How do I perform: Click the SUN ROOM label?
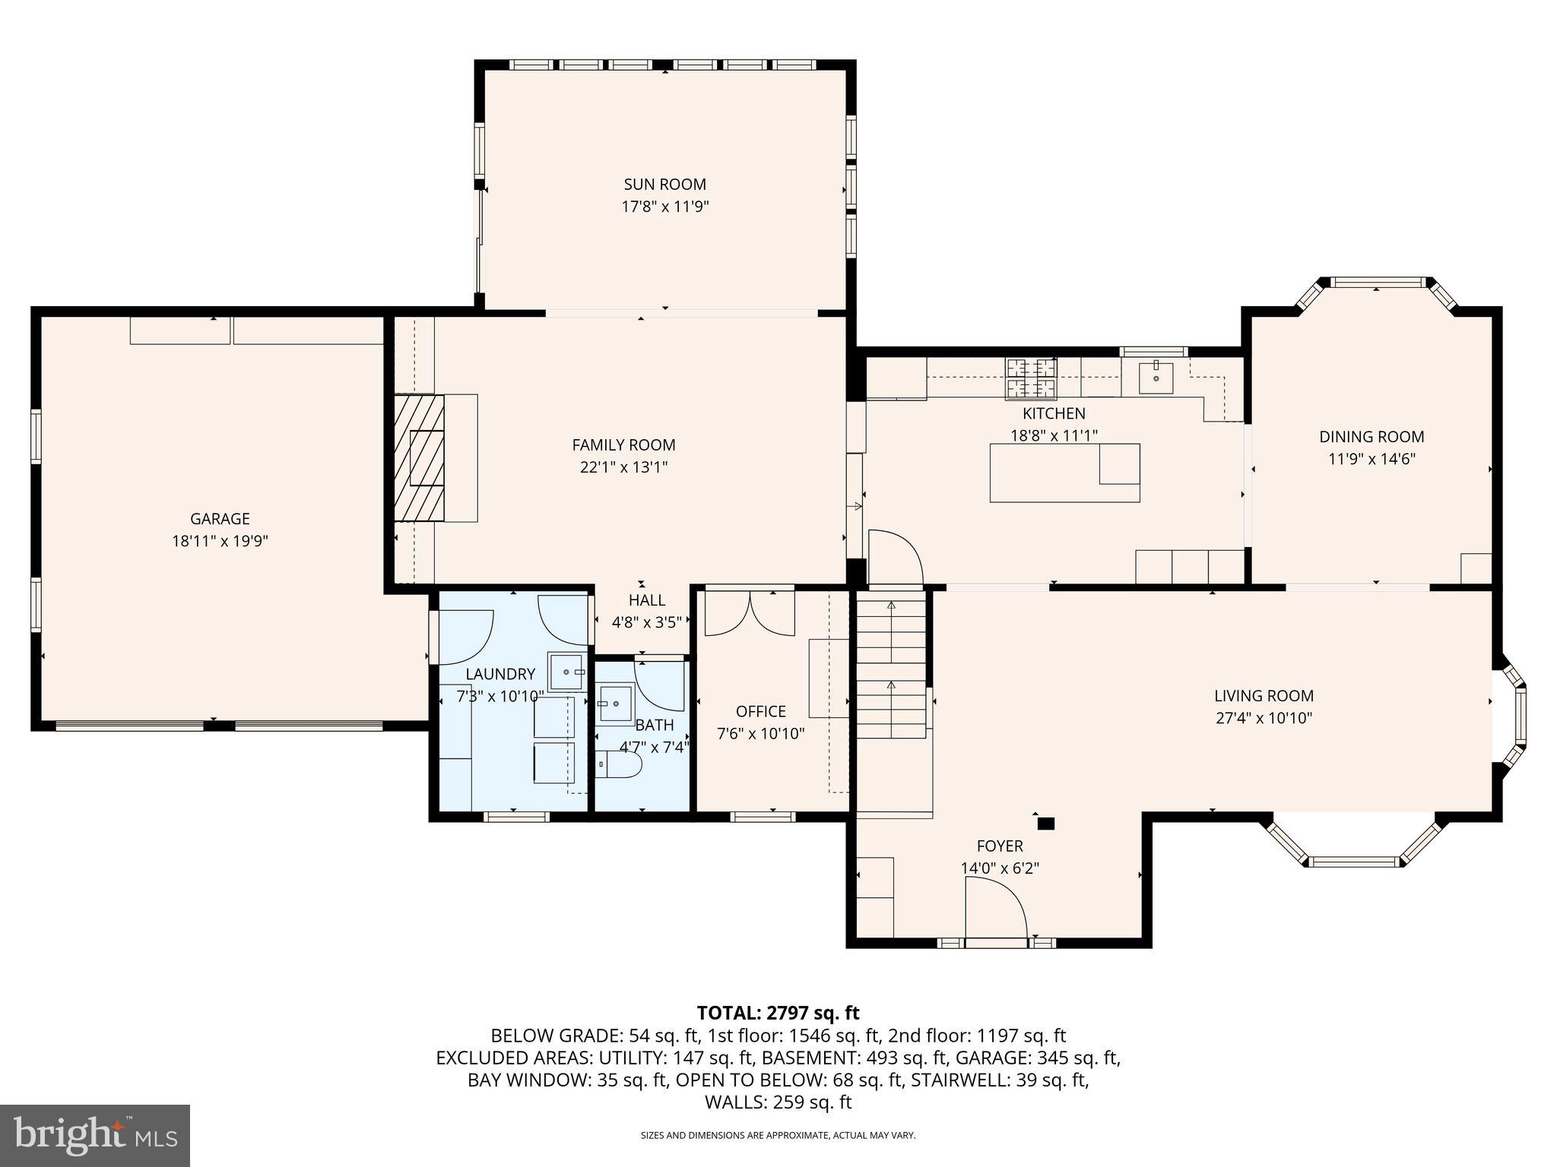pyautogui.click(x=664, y=184)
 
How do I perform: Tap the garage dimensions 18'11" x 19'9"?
pyautogui.click(x=220, y=541)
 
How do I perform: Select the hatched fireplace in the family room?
pyautogui.click(x=419, y=457)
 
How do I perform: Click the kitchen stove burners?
pyautogui.click(x=1032, y=378)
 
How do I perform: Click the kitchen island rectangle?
pyautogui.click(x=1064, y=473)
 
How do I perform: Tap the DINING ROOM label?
pyautogui.click(x=1371, y=437)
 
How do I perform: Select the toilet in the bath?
pyautogui.click(x=617, y=764)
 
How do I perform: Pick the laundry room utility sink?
pyautogui.click(x=567, y=672)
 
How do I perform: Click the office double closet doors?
pyautogui.click(x=750, y=612)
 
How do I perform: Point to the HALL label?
pyautogui.click(x=646, y=600)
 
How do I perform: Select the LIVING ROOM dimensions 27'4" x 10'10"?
pyautogui.click(x=1264, y=718)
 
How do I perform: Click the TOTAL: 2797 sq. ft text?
pyautogui.click(x=778, y=1013)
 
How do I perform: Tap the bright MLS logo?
pyautogui.click(x=94, y=1135)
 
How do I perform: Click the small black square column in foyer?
pyautogui.click(x=1046, y=823)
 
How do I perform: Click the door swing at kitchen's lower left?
pyautogui.click(x=895, y=558)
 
